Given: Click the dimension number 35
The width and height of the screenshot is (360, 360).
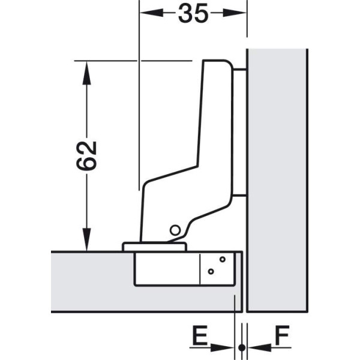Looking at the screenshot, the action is click(x=193, y=14).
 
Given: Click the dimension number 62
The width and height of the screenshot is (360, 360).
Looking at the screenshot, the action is click(x=86, y=155).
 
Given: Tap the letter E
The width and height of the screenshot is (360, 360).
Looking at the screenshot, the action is click(x=200, y=335).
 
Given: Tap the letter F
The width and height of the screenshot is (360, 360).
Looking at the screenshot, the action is click(x=282, y=335).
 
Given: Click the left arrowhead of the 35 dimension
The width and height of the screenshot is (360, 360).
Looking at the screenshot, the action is click(x=152, y=13).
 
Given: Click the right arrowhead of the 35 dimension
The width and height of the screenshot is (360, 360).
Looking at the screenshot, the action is click(x=235, y=13).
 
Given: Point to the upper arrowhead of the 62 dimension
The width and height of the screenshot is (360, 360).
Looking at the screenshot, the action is click(x=86, y=73).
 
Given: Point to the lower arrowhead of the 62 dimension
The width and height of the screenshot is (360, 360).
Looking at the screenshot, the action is click(x=86, y=239).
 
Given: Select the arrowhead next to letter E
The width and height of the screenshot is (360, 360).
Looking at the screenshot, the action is click(x=222, y=347).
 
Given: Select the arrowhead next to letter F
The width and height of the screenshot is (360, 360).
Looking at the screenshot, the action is click(x=260, y=347).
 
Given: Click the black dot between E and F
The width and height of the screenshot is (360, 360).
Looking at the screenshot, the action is click(x=242, y=347).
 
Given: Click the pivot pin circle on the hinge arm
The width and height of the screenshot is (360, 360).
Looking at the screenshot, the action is click(x=175, y=230).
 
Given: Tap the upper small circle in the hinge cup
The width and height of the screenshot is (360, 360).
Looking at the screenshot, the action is click(x=222, y=259).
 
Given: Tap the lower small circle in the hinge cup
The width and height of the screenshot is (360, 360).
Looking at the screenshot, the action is click(x=211, y=272).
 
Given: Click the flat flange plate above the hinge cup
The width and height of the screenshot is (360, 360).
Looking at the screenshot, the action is click(x=154, y=247).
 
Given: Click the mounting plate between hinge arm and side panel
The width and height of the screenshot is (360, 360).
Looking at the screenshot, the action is click(x=239, y=133).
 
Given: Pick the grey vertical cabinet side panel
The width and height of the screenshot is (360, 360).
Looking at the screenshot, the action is click(x=277, y=181).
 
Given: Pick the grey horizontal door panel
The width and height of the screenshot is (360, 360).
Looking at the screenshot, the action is click(x=92, y=282).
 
